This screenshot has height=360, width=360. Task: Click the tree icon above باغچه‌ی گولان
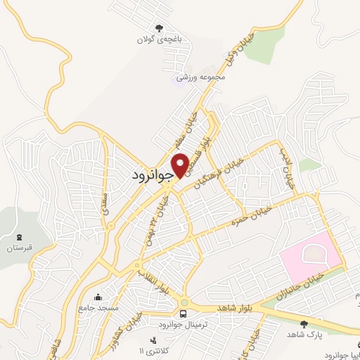[160, 28]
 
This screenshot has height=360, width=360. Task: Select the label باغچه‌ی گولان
[160, 40]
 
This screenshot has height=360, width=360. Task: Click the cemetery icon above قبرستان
[20, 236]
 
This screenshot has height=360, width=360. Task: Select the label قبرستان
[20, 248]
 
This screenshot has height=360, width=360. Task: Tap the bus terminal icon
[183, 313]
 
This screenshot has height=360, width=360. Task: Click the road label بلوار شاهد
[222, 308]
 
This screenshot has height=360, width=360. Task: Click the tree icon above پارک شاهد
[304, 324]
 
